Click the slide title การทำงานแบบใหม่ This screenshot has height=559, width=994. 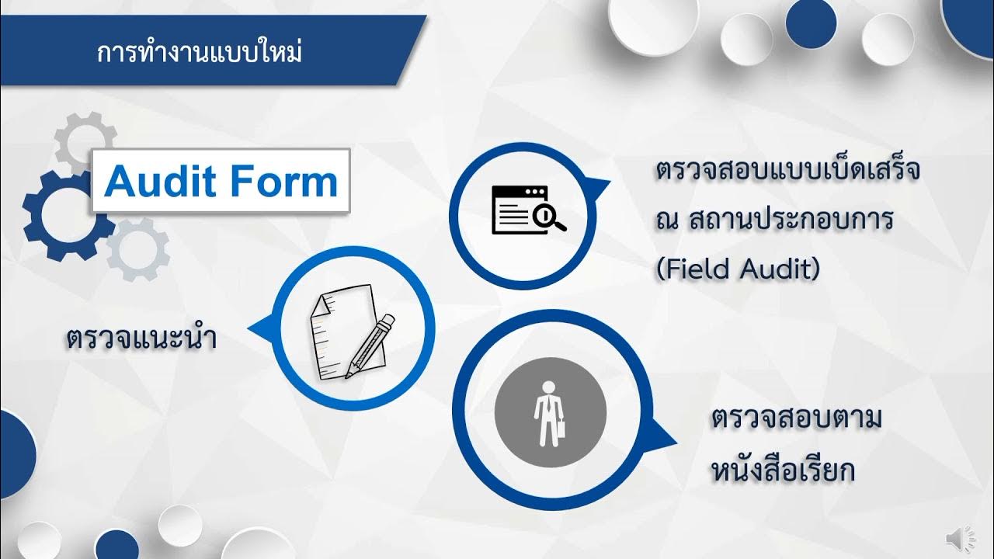tap(199, 54)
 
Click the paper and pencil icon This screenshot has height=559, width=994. tap(351, 332)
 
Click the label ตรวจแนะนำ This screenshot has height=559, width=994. tap(141, 339)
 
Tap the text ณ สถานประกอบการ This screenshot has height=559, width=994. tap(773, 220)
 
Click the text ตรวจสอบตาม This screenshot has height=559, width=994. tap(797, 420)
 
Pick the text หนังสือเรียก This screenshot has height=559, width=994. tap(782, 470)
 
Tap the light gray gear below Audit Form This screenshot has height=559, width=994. tap(137, 248)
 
